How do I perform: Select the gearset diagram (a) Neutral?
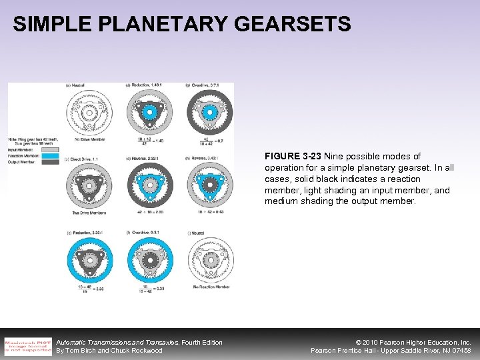[x=87, y=111]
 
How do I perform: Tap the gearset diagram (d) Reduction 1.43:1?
[x=149, y=111]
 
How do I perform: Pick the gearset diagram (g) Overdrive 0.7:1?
[x=209, y=111]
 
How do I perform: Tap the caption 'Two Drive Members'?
[x=87, y=213]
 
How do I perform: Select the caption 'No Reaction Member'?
[x=209, y=287]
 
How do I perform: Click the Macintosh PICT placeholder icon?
[x=27, y=346]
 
